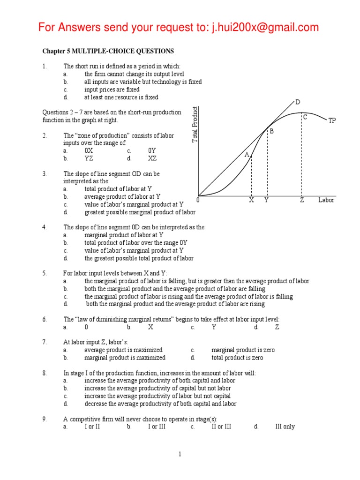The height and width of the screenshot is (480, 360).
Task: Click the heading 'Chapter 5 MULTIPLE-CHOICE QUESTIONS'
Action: tap(108, 51)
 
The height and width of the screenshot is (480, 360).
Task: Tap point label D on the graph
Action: tap(297, 102)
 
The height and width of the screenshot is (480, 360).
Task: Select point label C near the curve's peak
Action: tap(305, 117)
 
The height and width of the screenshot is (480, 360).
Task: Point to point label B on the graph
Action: tap(271, 132)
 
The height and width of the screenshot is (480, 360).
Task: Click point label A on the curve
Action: tap(247, 154)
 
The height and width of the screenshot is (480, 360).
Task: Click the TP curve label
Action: tap(332, 120)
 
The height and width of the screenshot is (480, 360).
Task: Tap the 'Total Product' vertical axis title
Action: tap(195, 125)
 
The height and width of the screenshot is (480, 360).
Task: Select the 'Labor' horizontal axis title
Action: tap(326, 200)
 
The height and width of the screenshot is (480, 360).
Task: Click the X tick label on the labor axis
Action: tap(251, 200)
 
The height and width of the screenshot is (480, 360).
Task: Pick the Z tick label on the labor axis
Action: tap(302, 200)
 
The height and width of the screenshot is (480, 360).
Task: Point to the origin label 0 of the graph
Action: tap(198, 200)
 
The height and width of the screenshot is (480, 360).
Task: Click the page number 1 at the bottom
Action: tap(180, 454)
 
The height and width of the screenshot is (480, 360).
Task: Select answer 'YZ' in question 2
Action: tap(89, 158)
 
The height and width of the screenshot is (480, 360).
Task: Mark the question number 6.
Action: tap(45, 319)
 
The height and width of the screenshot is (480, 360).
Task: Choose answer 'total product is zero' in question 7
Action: tap(237, 358)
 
